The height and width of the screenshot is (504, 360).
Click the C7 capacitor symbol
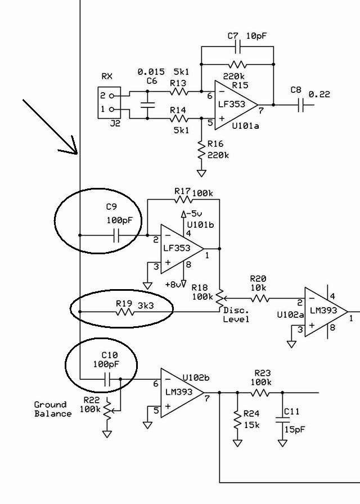click(x=238, y=47)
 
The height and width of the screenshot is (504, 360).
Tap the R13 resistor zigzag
click(x=178, y=92)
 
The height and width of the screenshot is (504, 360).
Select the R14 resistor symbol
click(x=178, y=119)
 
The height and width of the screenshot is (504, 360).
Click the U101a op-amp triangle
click(x=236, y=105)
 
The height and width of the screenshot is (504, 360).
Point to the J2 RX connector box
click(x=109, y=102)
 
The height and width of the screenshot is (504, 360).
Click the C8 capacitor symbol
click(x=301, y=105)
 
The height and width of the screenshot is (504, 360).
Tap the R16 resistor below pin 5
click(x=201, y=150)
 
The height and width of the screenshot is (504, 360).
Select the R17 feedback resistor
click(x=183, y=200)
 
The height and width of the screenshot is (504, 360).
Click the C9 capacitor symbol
click(x=116, y=236)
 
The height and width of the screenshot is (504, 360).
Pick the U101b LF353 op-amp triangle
click(x=182, y=249)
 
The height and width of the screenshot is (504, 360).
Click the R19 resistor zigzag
click(x=125, y=312)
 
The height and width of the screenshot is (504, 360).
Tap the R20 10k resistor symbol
click(x=259, y=299)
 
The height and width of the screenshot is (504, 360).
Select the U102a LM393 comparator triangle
click(x=326, y=312)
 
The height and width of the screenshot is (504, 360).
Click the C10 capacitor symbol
click(x=107, y=379)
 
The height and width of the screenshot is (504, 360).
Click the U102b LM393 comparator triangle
click(x=182, y=393)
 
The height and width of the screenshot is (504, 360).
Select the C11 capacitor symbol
click(x=282, y=420)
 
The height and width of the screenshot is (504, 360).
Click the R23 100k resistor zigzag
click(x=260, y=393)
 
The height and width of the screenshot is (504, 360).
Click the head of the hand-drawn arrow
click(x=76, y=154)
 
